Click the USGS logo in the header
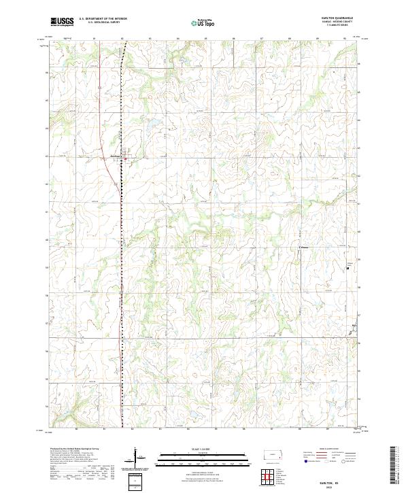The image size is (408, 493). (62, 22)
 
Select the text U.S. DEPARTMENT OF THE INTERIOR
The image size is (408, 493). (103, 19)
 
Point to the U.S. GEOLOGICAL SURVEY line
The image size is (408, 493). (103, 22)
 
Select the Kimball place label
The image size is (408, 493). (304, 247)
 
